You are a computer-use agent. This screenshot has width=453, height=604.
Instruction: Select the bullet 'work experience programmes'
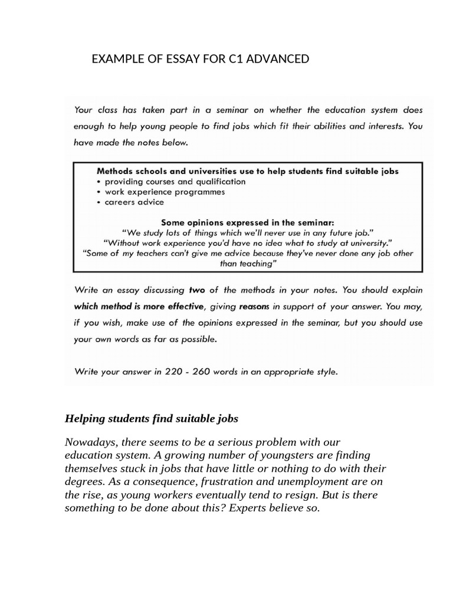(x=165, y=192)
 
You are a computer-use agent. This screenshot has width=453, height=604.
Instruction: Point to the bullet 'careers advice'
(x=134, y=202)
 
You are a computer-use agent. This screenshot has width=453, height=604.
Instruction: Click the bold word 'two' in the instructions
(x=196, y=290)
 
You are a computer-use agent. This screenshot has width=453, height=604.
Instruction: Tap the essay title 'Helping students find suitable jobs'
(x=151, y=419)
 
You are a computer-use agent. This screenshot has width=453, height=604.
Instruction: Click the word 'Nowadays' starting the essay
(x=88, y=442)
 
